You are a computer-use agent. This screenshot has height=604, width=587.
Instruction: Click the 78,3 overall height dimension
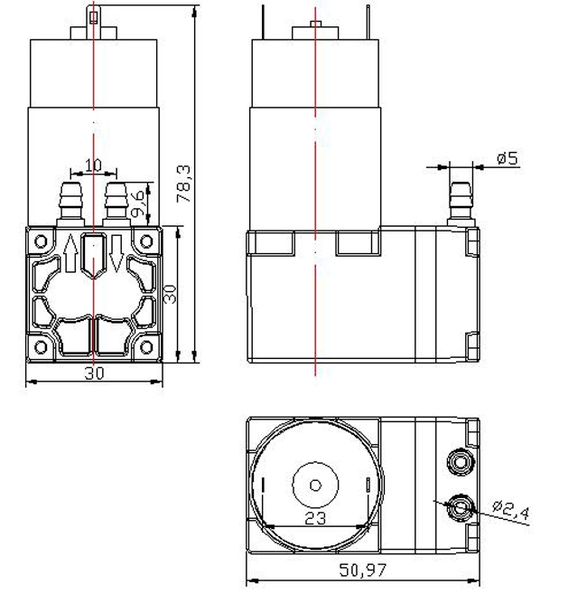pyautogui.click(x=183, y=184)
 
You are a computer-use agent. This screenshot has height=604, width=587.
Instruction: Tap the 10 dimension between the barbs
pyautogui.click(x=93, y=165)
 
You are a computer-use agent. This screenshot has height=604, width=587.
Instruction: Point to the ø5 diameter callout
pyautogui.click(x=508, y=158)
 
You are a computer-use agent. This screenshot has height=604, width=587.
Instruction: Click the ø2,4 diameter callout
pyautogui.click(x=511, y=510)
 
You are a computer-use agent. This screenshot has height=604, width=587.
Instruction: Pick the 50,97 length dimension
pyautogui.click(x=362, y=571)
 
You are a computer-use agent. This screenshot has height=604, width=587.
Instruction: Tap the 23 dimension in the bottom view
pyautogui.click(x=315, y=518)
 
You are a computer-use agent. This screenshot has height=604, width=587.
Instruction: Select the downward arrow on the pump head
pyautogui.click(x=116, y=253)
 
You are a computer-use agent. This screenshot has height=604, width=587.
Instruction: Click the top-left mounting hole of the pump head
pyautogui.click(x=41, y=241)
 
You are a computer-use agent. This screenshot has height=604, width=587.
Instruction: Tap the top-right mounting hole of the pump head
pyautogui.click(x=146, y=241)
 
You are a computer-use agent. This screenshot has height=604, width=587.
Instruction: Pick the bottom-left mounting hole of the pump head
pyautogui.click(x=41, y=347)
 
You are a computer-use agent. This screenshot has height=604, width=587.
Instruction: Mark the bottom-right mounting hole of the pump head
pyautogui.click(x=146, y=347)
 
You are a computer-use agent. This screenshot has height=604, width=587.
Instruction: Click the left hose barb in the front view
pyautogui.click(x=70, y=204)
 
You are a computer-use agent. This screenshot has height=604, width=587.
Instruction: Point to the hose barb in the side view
pyautogui.click(x=461, y=204)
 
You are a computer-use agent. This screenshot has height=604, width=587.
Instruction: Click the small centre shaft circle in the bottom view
pyautogui.click(x=315, y=486)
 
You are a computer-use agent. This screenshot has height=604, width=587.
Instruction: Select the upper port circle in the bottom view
pyautogui.click(x=460, y=461)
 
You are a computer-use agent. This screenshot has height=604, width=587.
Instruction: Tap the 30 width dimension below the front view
pyautogui.click(x=94, y=373)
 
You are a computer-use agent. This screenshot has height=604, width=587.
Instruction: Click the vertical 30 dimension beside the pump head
pyautogui.click(x=170, y=294)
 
